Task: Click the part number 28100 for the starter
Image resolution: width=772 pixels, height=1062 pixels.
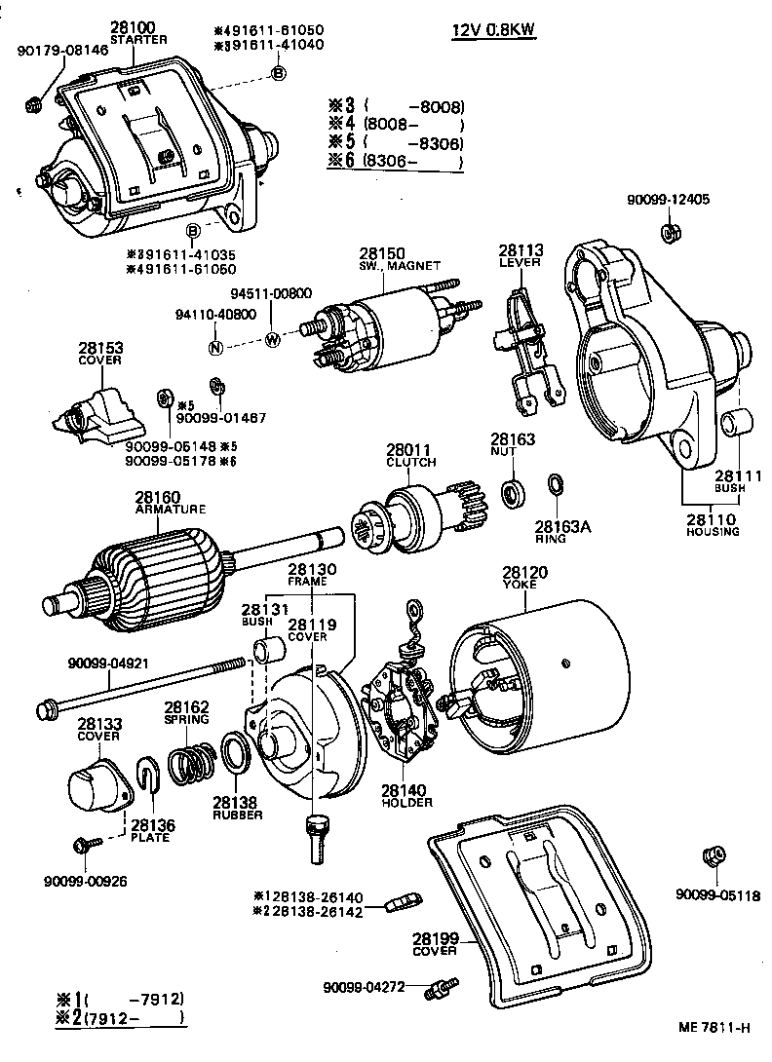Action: (x=131, y=28)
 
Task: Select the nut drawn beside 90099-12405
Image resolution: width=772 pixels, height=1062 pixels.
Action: (x=669, y=233)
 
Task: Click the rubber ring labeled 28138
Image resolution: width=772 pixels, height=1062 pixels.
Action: (x=235, y=756)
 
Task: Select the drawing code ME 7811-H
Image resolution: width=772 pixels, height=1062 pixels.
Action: (x=714, y=1027)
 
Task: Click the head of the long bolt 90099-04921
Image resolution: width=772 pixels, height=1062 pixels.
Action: (x=44, y=705)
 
